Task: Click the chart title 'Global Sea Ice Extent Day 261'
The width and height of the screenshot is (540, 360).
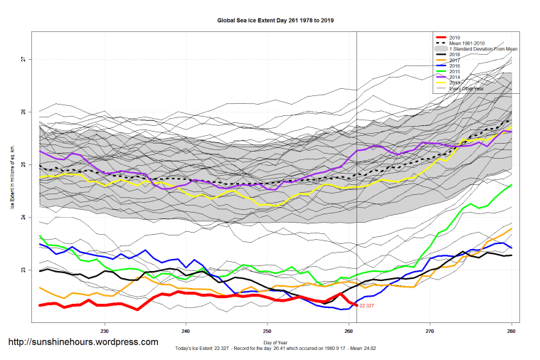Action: point(275,21)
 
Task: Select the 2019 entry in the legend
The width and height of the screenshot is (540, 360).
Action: point(456,36)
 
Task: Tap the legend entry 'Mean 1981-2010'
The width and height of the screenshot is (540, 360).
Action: point(467,43)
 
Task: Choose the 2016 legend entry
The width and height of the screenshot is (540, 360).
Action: point(456,66)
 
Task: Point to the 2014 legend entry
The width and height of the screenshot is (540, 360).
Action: point(456,78)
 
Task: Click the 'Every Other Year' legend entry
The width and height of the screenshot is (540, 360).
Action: point(467,89)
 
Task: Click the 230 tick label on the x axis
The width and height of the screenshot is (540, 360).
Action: point(105,331)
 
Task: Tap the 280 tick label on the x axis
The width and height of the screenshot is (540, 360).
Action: point(512,331)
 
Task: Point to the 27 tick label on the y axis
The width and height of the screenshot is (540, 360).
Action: point(23,59)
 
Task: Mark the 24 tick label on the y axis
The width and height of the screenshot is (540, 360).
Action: point(23,218)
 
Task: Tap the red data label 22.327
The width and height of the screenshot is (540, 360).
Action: point(367,306)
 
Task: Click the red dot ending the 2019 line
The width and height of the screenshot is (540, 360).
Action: point(356,305)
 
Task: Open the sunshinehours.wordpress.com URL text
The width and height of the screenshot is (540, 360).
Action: point(83,342)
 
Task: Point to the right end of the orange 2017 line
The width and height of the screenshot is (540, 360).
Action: point(512,228)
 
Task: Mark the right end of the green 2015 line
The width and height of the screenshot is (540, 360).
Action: point(512,185)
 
